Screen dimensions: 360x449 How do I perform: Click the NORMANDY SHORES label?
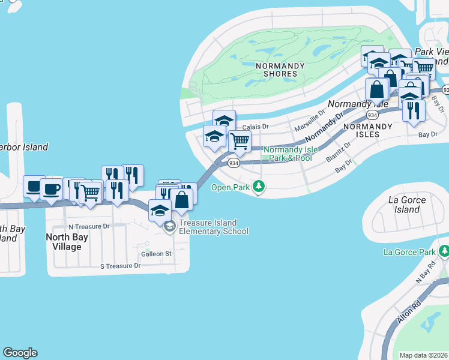[x=276, y=70]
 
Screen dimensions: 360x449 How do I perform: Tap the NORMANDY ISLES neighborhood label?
[x=367, y=130]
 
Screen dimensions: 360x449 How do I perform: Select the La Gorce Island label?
[x=407, y=205]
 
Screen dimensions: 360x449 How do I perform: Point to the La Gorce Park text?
[x=411, y=251]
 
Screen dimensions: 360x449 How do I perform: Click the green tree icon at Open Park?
[x=259, y=187]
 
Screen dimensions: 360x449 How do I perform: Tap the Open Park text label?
[x=231, y=187]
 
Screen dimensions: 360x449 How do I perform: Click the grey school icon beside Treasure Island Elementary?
[x=170, y=226]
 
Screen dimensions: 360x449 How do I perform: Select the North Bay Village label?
[x=67, y=242]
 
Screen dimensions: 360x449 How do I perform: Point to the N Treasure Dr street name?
[x=89, y=227]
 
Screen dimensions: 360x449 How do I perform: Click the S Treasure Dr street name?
[x=119, y=266]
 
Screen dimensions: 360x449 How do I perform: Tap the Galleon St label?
[x=156, y=254]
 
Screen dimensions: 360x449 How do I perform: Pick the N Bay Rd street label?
[x=426, y=274]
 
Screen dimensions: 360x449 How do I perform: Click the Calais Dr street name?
[x=256, y=127]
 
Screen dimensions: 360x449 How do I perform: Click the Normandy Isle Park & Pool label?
[x=288, y=154]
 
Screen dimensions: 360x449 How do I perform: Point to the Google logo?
[x=20, y=353]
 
